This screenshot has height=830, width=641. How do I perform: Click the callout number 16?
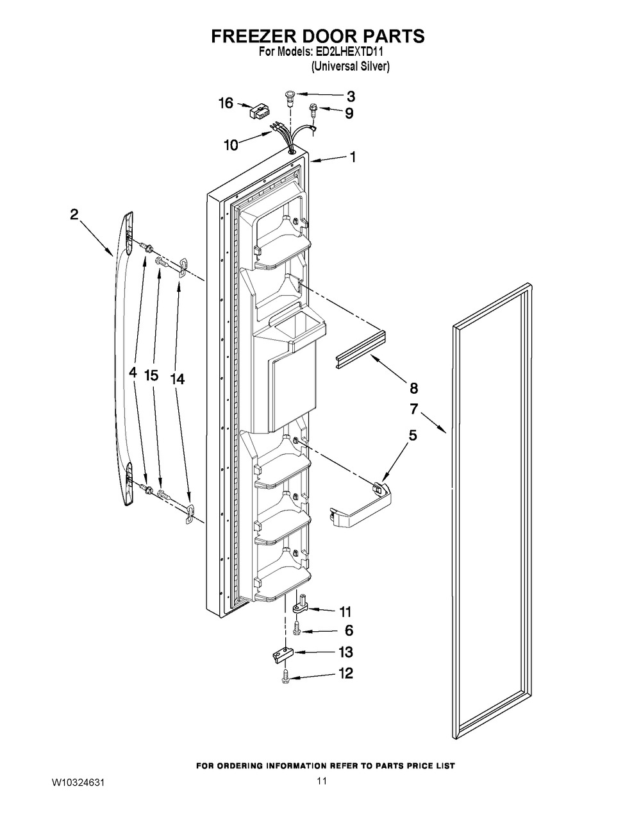226,103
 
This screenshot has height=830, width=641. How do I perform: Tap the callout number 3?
351,97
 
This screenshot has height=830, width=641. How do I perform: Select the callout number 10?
231,145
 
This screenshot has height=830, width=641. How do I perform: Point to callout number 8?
413,389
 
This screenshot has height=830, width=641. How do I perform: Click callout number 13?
345,652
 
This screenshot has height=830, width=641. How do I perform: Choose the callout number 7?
414,409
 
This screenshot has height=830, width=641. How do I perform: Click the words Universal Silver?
350,67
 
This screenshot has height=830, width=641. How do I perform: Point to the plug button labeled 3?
290,96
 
